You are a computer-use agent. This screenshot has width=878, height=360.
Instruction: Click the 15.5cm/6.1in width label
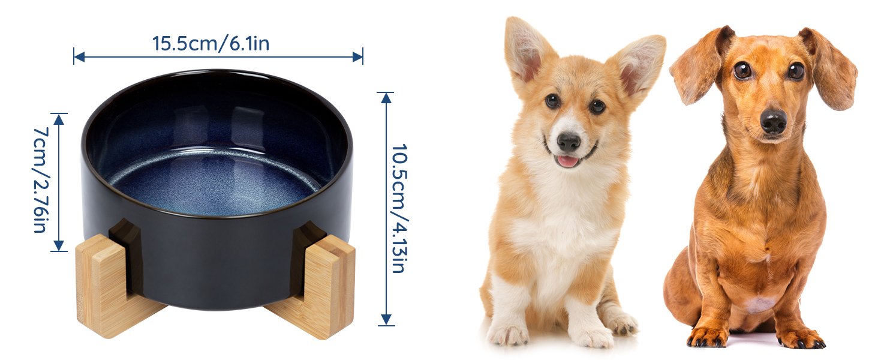[211, 43]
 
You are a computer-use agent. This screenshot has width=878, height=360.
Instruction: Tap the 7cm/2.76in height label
[41, 180]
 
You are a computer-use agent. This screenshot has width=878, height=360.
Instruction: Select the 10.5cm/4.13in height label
[400, 208]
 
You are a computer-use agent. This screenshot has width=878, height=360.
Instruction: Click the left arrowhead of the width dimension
[79, 57]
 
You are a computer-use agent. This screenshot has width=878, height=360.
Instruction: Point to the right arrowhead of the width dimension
[357, 57]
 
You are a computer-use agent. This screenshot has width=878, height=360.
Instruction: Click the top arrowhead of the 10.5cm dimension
[386, 98]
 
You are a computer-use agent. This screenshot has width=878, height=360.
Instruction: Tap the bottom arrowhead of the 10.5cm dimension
[386, 320]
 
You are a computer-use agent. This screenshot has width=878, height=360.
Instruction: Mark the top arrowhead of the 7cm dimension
[59, 119]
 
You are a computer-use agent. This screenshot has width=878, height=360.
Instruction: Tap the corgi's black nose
[569, 142]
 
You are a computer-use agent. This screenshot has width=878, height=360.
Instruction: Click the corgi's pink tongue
[567, 161]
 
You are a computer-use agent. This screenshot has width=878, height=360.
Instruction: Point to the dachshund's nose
[773, 122]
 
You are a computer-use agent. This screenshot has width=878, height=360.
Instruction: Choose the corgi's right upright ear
[637, 65]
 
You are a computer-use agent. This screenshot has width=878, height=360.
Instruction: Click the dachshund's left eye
[742, 71]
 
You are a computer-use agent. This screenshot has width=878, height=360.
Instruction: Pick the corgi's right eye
[597, 106]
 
